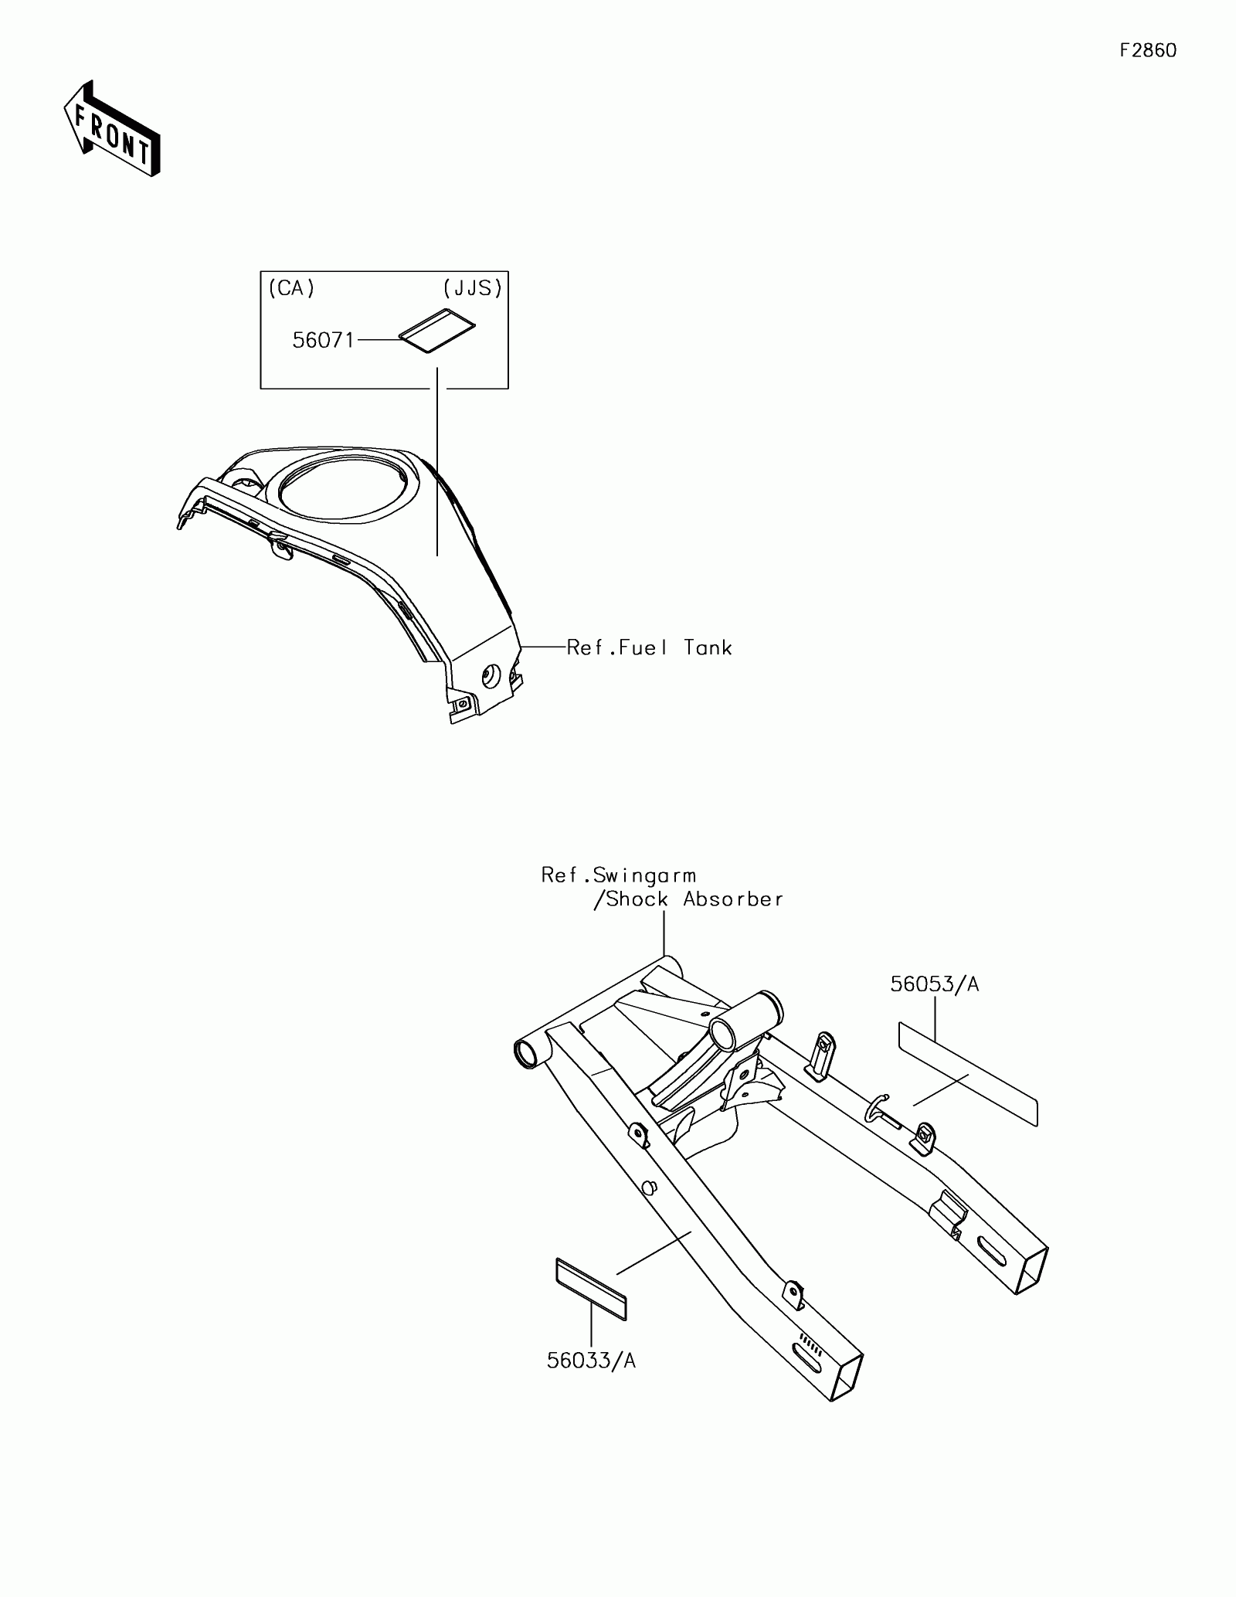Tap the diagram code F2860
[1148, 51]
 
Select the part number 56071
[323, 340]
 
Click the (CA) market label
[291, 288]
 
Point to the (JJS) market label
[473, 288]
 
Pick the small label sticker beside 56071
[437, 330]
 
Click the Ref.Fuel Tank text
[649, 647]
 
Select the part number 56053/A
[934, 984]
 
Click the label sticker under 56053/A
[968, 1074]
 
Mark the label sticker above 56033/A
[591, 1289]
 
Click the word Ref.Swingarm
[618, 875]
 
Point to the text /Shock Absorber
[688, 899]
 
